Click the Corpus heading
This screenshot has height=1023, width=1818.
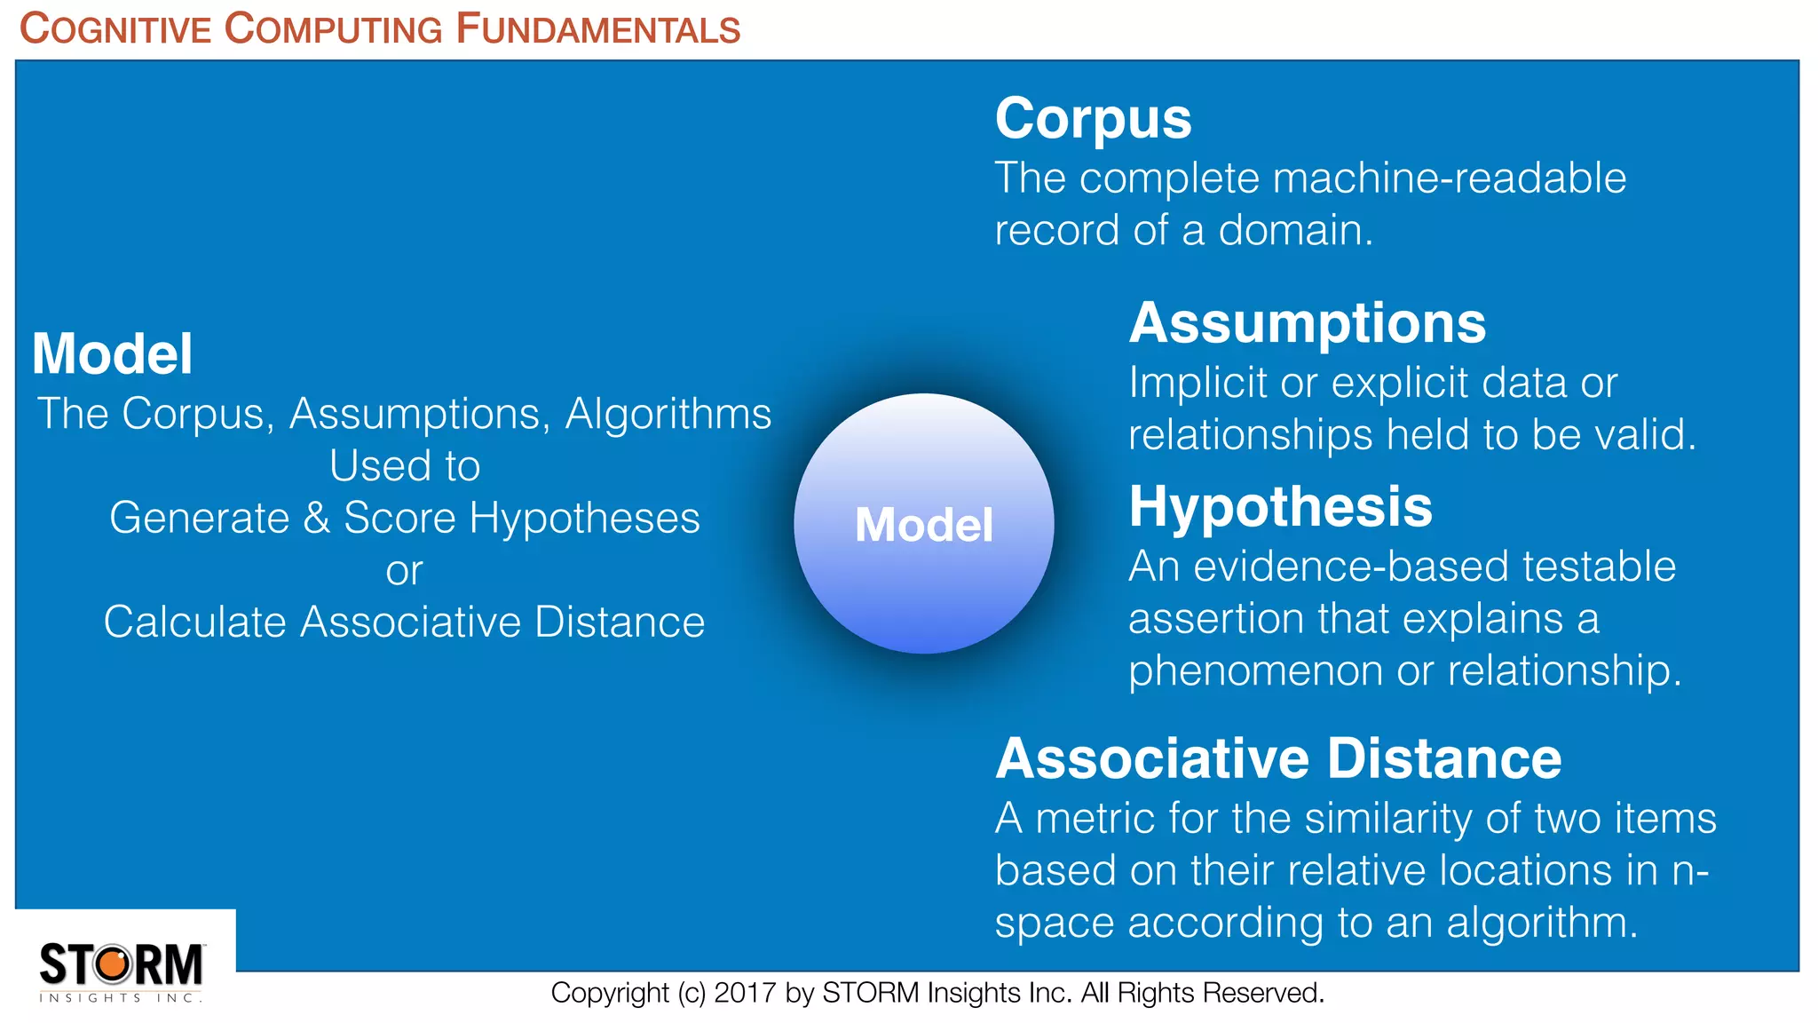click(1093, 118)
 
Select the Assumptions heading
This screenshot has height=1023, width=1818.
click(1307, 322)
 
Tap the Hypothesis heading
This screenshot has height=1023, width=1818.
click(1280, 506)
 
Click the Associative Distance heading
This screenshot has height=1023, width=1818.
click(1277, 758)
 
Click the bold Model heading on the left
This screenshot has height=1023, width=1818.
click(112, 353)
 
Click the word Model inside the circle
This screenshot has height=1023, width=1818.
click(923, 525)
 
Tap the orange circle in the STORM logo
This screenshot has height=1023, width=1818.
click(113, 964)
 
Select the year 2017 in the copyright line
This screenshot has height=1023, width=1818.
click(746, 993)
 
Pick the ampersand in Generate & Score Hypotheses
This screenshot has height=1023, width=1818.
click(316, 518)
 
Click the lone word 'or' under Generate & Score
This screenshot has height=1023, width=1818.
click(404, 571)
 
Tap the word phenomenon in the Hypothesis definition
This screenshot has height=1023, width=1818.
click(1255, 670)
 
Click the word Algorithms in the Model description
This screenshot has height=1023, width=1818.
click(668, 414)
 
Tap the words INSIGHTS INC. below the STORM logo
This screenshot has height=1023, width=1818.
click(121, 998)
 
